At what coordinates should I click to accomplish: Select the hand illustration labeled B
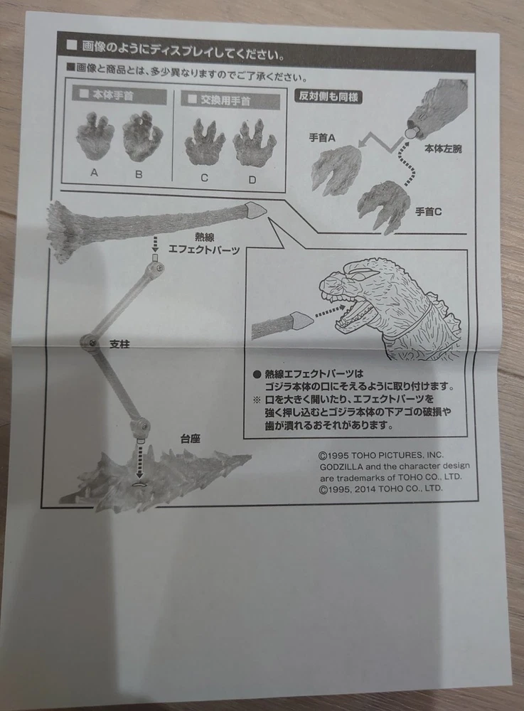click(x=142, y=137)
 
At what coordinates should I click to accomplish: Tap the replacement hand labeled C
click(x=205, y=143)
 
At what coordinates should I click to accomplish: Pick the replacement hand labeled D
click(x=255, y=144)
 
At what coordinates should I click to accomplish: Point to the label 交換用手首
click(x=225, y=100)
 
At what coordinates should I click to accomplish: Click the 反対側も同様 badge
click(x=328, y=96)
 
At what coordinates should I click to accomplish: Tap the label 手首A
click(x=322, y=138)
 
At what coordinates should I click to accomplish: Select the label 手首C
click(x=428, y=211)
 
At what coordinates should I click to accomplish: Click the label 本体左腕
click(x=443, y=149)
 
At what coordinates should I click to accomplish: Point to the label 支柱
click(x=119, y=344)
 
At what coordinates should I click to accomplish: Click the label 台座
click(x=191, y=439)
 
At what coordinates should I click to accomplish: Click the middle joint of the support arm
click(x=89, y=343)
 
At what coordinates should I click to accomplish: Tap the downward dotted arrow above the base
click(x=139, y=461)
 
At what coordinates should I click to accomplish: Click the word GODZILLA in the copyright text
click(x=341, y=466)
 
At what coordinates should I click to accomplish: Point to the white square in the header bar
click(x=72, y=44)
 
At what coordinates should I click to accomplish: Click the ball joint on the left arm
click(x=410, y=133)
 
